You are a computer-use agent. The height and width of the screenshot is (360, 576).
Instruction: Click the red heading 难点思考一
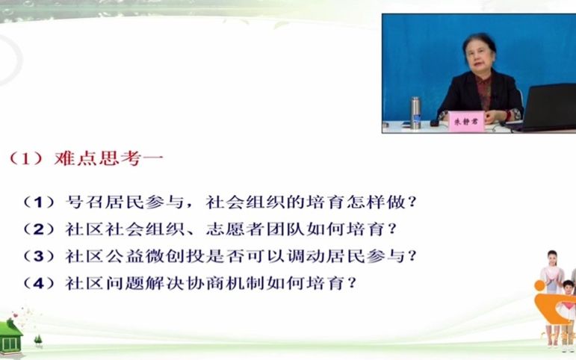109,158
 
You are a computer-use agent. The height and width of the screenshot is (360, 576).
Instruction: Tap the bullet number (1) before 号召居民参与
40,202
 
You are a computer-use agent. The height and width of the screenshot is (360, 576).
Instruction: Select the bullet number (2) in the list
40,229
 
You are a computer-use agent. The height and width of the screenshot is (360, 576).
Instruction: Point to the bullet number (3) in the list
40,256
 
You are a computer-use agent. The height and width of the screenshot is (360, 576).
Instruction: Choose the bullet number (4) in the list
40,283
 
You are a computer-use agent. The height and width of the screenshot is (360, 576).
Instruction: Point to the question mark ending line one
412,202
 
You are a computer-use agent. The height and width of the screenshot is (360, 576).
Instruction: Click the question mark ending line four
352,283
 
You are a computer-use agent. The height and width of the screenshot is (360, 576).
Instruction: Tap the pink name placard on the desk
465,122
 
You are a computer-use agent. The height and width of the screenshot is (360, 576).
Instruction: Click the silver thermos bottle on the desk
415,113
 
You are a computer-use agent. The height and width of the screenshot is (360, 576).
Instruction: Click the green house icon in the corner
10,338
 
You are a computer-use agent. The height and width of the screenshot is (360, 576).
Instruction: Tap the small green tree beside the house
38,341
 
